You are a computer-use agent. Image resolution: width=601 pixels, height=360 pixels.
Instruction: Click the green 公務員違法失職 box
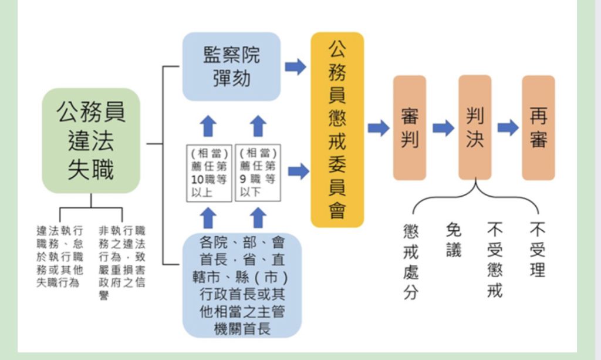[91, 141]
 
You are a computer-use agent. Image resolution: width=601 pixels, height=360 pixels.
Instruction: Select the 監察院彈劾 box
[231, 66]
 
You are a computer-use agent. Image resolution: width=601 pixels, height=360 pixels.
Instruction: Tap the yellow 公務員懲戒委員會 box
[337, 129]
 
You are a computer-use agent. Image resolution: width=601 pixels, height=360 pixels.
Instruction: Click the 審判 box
[410, 127]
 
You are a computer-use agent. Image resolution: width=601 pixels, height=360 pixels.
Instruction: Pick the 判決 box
[475, 127]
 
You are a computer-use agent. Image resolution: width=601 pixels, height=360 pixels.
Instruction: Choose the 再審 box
[538, 127]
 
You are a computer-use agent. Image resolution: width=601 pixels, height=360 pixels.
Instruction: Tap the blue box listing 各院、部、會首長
[242, 285]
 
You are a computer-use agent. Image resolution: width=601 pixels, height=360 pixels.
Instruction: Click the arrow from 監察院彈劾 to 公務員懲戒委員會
[295, 66]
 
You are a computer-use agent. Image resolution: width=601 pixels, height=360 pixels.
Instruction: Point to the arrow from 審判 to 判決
[443, 127]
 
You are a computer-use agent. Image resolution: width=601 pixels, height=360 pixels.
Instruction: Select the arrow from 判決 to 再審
[508, 127]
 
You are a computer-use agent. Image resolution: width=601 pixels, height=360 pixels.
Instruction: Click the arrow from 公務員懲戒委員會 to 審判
[379, 127]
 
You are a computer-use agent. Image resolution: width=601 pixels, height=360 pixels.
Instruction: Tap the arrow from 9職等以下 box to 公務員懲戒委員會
[298, 171]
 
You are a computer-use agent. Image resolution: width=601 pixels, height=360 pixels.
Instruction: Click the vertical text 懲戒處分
[411, 261]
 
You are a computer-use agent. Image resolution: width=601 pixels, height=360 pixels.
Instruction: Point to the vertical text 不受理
[537, 250]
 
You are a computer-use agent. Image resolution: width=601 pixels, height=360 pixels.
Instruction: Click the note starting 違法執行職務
[59, 256]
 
